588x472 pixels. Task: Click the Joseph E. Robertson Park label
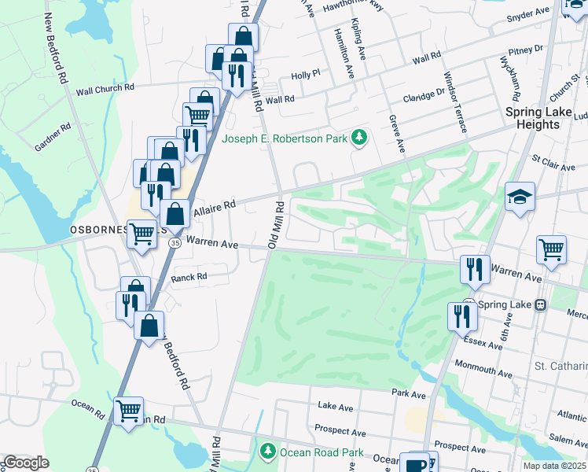click(285, 139)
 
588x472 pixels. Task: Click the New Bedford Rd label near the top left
click(56, 47)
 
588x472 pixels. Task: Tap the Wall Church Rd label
click(105, 90)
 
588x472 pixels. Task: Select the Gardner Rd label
click(53, 136)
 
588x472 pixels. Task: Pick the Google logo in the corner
click(26, 463)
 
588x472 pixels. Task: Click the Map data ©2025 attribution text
click(554, 466)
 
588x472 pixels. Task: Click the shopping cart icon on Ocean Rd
click(128, 411)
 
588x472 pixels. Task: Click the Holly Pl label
click(306, 75)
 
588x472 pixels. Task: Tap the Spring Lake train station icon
click(541, 304)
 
